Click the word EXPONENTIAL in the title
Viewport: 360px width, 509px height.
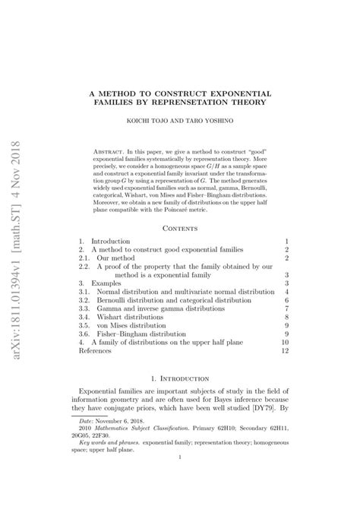[x=238, y=93]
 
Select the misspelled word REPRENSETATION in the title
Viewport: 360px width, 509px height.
[x=205, y=103]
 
